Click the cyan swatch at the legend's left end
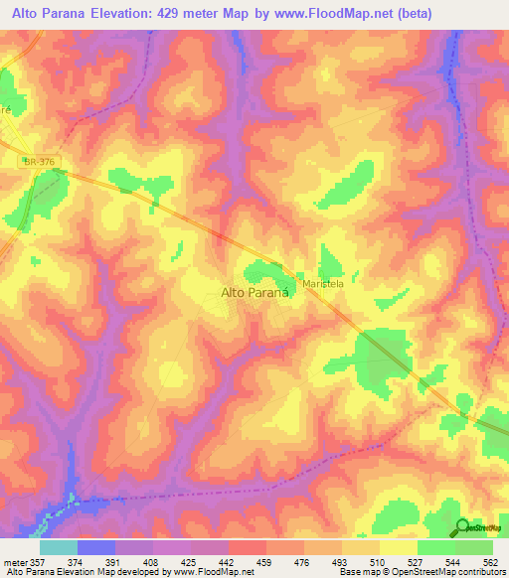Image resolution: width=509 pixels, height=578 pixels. tap(58, 547)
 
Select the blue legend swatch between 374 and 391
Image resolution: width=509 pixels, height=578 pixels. tap(96, 547)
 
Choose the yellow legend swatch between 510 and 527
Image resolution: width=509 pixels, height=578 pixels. tap(398, 547)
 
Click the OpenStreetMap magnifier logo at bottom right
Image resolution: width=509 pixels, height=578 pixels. tap(462, 526)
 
